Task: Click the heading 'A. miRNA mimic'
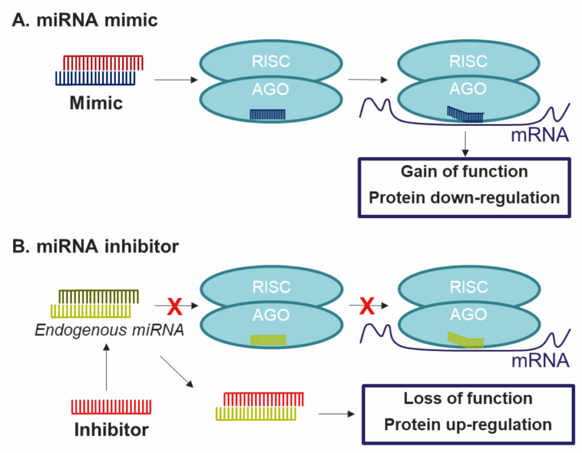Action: [x=85, y=21]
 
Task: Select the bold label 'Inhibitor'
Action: [x=111, y=429]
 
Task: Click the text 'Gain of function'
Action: [x=464, y=171]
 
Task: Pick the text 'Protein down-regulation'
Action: [x=464, y=198]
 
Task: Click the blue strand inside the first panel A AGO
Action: [x=268, y=115]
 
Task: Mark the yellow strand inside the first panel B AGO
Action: [x=268, y=339]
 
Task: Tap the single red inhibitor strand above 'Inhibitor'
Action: [x=111, y=406]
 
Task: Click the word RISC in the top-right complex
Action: [x=468, y=61]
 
